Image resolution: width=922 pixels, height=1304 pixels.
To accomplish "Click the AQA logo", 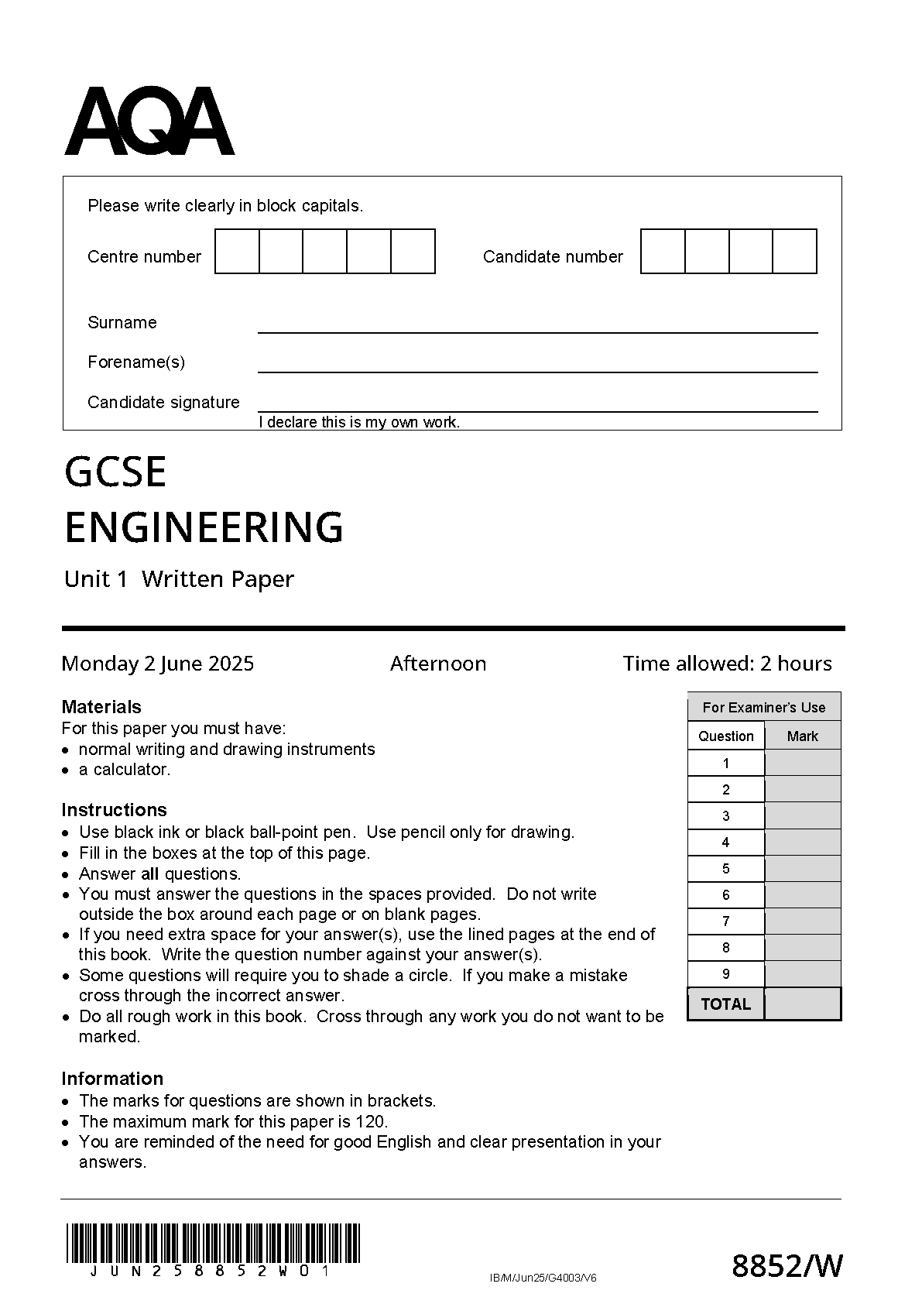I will pyautogui.click(x=149, y=122).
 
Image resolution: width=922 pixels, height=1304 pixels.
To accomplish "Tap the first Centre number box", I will pyautogui.click(x=237, y=252).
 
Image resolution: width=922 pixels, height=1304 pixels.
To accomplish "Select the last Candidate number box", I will pyautogui.click(x=795, y=252).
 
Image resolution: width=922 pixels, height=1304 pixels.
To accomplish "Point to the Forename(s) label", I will pyautogui.click(x=136, y=362).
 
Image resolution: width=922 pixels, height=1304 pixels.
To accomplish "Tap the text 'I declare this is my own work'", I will pyautogui.click(x=359, y=422).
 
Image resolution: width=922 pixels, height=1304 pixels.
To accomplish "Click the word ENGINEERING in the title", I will pyautogui.click(x=204, y=528).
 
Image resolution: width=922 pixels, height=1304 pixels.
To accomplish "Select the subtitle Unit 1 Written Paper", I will pyautogui.click(x=179, y=579).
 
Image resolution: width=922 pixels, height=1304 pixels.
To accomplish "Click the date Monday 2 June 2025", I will pyautogui.click(x=158, y=664).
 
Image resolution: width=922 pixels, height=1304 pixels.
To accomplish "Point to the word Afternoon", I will pyautogui.click(x=438, y=664).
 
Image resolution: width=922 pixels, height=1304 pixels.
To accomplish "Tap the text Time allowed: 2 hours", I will pyautogui.click(x=727, y=664).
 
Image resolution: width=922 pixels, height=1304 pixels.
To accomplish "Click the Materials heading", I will pyautogui.click(x=101, y=707).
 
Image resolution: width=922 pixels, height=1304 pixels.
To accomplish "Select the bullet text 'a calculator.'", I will pyautogui.click(x=125, y=770).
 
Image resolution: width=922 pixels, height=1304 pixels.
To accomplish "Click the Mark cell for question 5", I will pyautogui.click(x=802, y=869).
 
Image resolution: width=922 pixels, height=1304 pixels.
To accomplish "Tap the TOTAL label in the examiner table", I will pyautogui.click(x=725, y=1004).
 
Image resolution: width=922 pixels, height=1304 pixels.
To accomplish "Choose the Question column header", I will pyautogui.click(x=725, y=736).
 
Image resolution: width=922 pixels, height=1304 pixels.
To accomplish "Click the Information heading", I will pyautogui.click(x=112, y=1079).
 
